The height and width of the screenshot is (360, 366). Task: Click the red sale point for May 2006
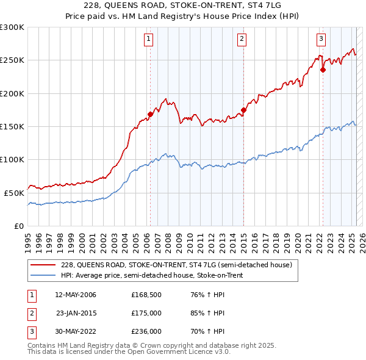150,114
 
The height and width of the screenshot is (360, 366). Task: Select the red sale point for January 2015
243,110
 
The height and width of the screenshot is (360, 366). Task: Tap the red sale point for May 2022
323,70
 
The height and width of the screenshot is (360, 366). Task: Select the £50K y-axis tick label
14,192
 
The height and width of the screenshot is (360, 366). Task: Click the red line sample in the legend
43,265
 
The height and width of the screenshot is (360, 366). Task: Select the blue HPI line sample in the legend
43,275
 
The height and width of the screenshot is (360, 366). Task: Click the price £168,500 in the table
145,295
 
